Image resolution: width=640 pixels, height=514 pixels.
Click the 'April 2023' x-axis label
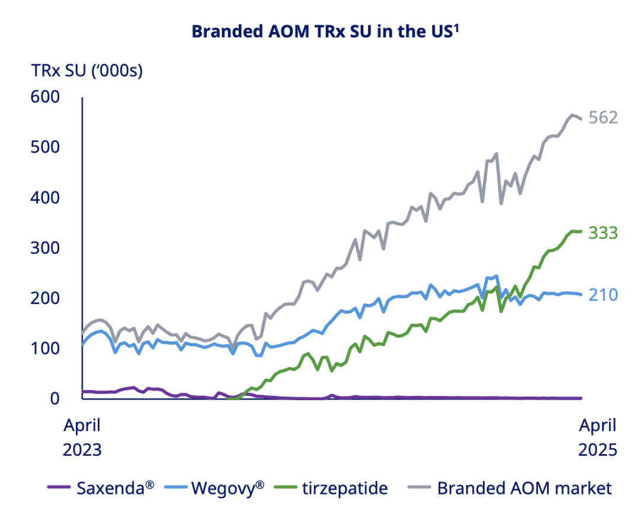pyautogui.click(x=82, y=437)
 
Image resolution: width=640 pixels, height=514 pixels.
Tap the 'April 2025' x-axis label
pyautogui.click(x=597, y=437)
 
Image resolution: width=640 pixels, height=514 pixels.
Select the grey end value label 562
pyautogui.click(x=603, y=117)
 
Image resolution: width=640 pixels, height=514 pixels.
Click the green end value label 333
pyautogui.click(x=603, y=233)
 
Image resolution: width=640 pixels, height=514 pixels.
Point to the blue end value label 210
pyautogui.click(x=603, y=295)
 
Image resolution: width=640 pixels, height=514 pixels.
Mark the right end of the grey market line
pyautogui.click(x=581, y=119)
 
